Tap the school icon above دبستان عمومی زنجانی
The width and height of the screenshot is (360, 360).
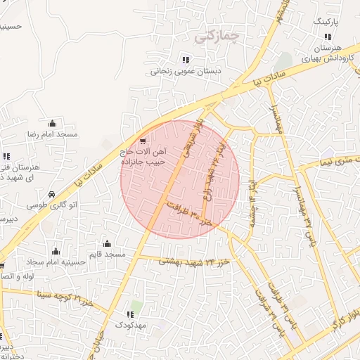click(186, 59)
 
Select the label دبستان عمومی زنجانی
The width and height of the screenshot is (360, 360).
click(186, 71)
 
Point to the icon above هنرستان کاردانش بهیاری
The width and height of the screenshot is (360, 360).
click(327, 37)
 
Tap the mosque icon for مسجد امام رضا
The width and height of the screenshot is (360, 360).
click(52, 123)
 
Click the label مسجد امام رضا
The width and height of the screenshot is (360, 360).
click(52, 134)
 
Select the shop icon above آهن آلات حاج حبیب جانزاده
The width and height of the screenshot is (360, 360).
click(144, 141)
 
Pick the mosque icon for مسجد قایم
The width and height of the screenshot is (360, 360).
click(106, 243)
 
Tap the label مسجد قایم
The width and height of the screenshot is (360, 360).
click(106, 253)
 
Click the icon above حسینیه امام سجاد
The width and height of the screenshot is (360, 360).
click(56, 251)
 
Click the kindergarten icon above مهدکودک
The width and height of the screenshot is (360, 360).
click(129, 314)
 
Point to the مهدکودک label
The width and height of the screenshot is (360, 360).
click(130, 326)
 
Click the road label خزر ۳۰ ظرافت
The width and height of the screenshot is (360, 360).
click(187, 212)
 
